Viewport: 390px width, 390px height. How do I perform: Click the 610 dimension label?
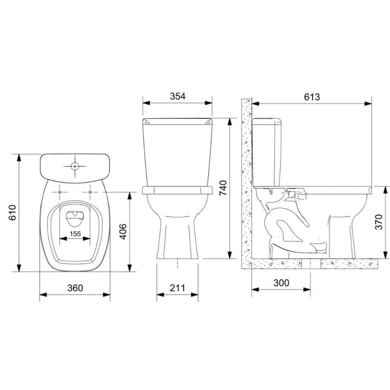[x=13, y=213]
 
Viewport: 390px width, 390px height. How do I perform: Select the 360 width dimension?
[x=75, y=288]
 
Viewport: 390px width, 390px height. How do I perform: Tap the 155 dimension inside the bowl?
[x=75, y=234]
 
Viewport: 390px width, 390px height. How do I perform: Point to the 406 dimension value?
[x=123, y=232]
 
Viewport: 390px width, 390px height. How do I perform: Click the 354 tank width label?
[x=177, y=96]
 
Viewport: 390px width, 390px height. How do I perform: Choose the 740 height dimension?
[x=223, y=188]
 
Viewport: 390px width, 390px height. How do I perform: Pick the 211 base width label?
[x=177, y=288]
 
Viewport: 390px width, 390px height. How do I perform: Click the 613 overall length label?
[x=312, y=97]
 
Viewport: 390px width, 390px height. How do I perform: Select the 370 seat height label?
[x=379, y=222]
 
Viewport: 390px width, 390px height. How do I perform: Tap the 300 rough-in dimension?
[x=281, y=283]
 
